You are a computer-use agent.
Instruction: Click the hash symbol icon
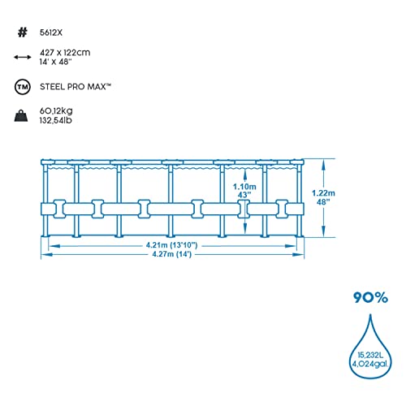[23, 32]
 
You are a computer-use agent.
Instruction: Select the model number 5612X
[51, 32]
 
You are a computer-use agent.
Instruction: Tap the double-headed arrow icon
[23, 57]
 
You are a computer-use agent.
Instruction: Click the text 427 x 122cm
[65, 52]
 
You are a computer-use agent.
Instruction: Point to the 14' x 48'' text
[55, 62]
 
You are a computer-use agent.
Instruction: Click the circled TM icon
[23, 87]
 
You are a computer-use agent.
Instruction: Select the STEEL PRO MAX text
[76, 87]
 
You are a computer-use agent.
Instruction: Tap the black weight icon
[21, 115]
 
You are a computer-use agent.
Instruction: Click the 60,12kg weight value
[56, 110]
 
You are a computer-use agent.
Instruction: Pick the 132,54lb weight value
[56, 120]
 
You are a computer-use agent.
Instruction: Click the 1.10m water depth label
[244, 187]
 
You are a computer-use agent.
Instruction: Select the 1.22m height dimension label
[323, 193]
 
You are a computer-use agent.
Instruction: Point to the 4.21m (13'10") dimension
[172, 245]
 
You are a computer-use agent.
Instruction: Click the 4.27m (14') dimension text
[172, 254]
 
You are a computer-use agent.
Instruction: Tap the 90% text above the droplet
[370, 297]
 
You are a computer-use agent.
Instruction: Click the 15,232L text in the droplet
[370, 355]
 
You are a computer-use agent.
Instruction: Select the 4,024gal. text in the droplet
[370, 364]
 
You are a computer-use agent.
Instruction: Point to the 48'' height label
[323, 202]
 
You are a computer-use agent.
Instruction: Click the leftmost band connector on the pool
[59, 209]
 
